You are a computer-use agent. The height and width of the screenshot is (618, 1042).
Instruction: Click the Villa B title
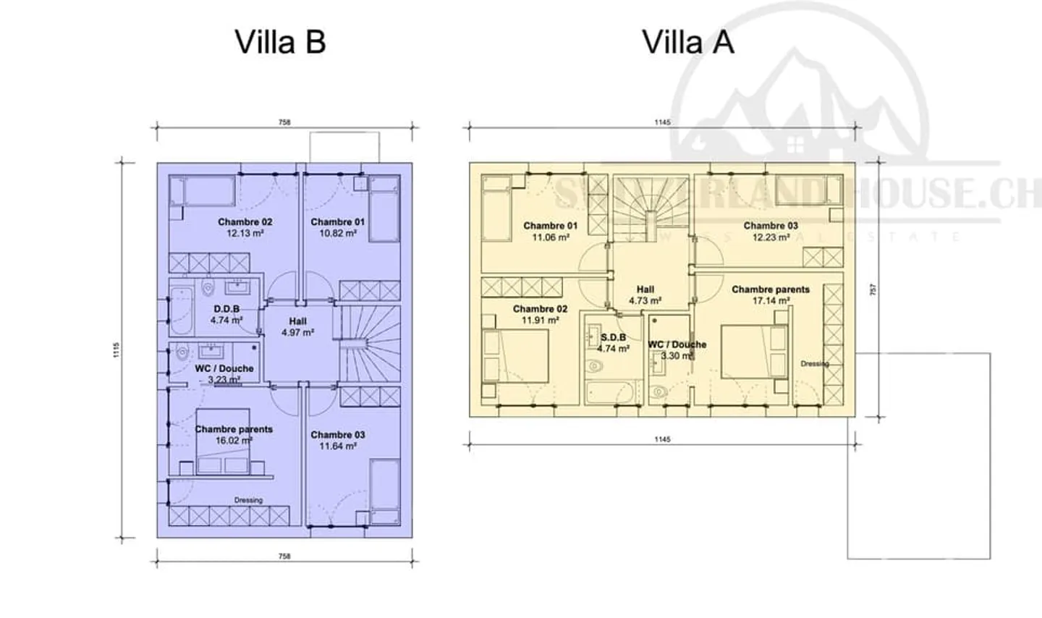pos(280,42)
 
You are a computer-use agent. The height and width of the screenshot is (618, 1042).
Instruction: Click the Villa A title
pos(688,42)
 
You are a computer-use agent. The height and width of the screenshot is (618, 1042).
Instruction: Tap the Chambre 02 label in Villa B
pos(245,222)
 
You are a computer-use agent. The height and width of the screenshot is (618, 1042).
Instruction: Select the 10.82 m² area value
pos(338,234)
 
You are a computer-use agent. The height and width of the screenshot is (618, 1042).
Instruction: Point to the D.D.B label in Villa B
pos(226,309)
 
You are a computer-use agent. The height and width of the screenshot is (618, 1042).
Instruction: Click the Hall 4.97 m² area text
pos(298,333)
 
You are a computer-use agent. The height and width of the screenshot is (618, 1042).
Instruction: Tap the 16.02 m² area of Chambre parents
pos(234,440)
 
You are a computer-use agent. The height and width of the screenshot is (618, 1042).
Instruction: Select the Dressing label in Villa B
pos(248,500)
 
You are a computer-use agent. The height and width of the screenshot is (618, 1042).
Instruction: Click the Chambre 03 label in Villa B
pos(338,435)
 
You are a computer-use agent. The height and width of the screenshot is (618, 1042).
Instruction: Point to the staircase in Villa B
pos(370,344)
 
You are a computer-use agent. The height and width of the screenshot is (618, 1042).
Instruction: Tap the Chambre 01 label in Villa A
pos(551,226)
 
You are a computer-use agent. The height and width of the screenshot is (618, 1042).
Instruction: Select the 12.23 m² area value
pos(771,237)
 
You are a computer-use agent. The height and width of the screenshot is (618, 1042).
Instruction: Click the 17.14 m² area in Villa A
pos(771,300)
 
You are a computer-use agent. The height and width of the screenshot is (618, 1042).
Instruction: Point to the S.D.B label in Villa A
pos(613,337)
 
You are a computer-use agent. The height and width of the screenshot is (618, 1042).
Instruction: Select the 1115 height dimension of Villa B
pos(117,350)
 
